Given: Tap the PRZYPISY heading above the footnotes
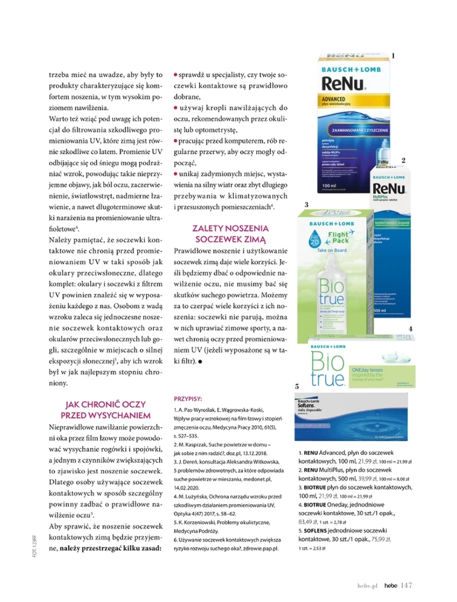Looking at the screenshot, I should point(188,399).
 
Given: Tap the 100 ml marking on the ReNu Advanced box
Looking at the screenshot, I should point(330,186).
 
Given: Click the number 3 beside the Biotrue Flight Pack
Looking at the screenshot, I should point(306,205).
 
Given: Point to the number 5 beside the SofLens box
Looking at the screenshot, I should point(297,386).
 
